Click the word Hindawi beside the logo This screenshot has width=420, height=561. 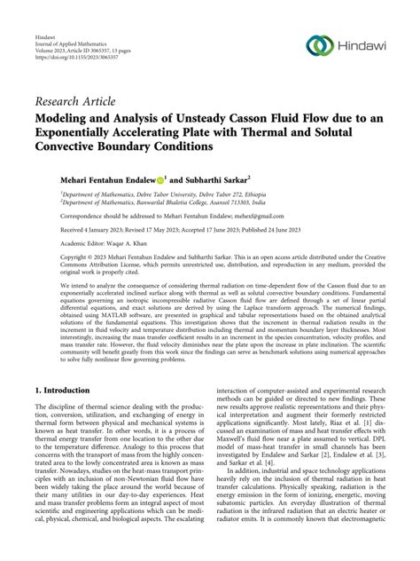tap(366, 44)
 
